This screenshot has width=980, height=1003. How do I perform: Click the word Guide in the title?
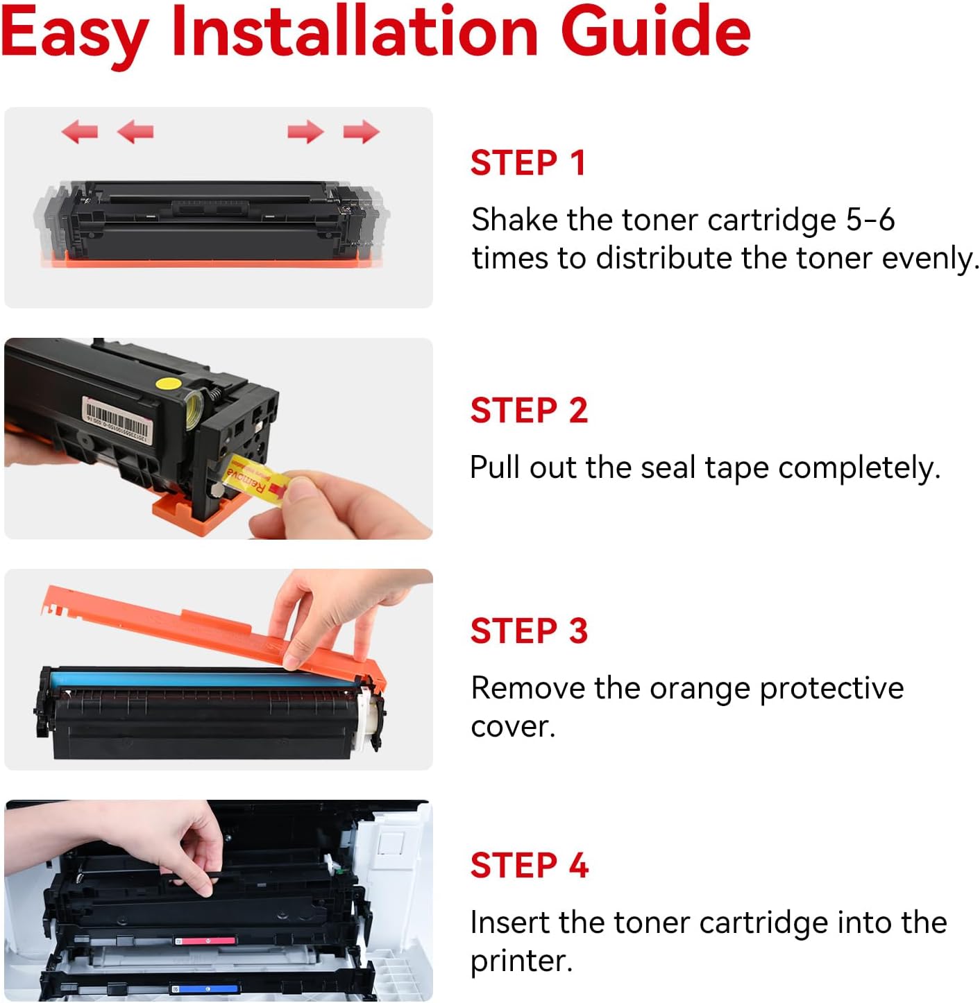[655, 32]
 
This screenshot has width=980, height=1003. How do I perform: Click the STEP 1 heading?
[527, 164]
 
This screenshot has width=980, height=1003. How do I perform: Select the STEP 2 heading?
[529, 411]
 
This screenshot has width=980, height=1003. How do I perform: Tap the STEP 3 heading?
[529, 631]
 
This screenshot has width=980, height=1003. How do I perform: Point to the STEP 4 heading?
[529, 866]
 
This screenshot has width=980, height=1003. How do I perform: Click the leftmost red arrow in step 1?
[80, 131]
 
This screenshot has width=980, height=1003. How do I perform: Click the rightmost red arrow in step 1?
[361, 131]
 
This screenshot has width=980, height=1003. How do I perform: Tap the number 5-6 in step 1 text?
[870, 221]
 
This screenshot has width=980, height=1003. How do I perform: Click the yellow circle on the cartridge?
[169, 382]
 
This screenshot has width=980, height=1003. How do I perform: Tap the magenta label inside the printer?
[205, 941]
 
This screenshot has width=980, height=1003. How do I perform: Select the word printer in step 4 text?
[520, 961]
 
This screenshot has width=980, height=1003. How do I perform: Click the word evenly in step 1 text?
[929, 259]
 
